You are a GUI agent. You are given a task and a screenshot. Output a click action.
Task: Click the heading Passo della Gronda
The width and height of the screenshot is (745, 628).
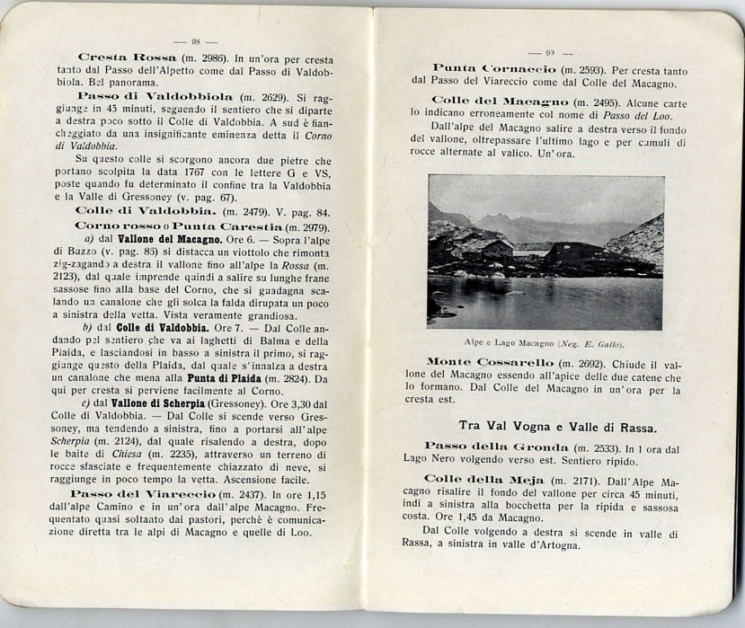pos(497,447)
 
